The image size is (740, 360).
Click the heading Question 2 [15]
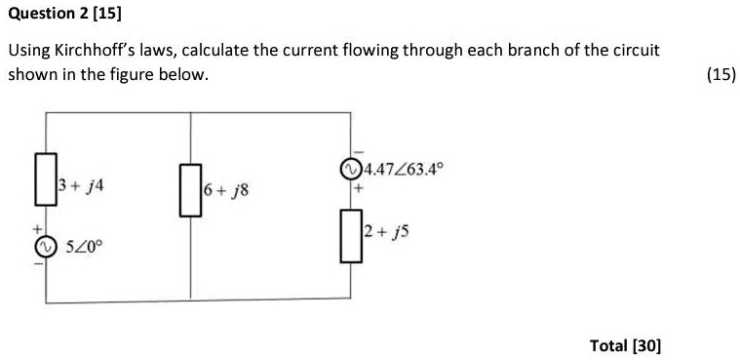64,15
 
